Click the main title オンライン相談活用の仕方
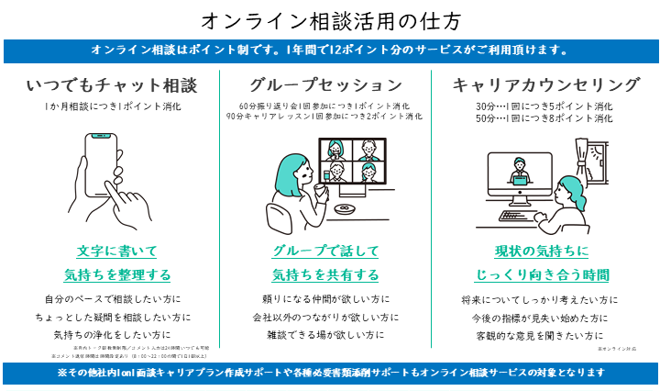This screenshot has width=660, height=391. point(330,19)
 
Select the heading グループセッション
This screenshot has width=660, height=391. point(324,85)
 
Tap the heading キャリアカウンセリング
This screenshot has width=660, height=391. point(545,85)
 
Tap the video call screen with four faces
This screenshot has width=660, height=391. point(353,162)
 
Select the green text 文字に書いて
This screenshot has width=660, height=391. point(116,251)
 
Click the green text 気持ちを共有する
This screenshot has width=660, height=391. point(324,274)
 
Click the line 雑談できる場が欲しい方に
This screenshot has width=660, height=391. point(324,335)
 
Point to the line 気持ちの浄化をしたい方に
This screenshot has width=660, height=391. point(115,335)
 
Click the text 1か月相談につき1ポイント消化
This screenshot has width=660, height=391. point(112,106)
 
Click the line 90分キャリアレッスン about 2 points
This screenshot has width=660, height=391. point(324,117)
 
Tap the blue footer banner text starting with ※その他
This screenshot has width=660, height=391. point(330,373)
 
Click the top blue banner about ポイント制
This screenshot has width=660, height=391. point(330,50)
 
